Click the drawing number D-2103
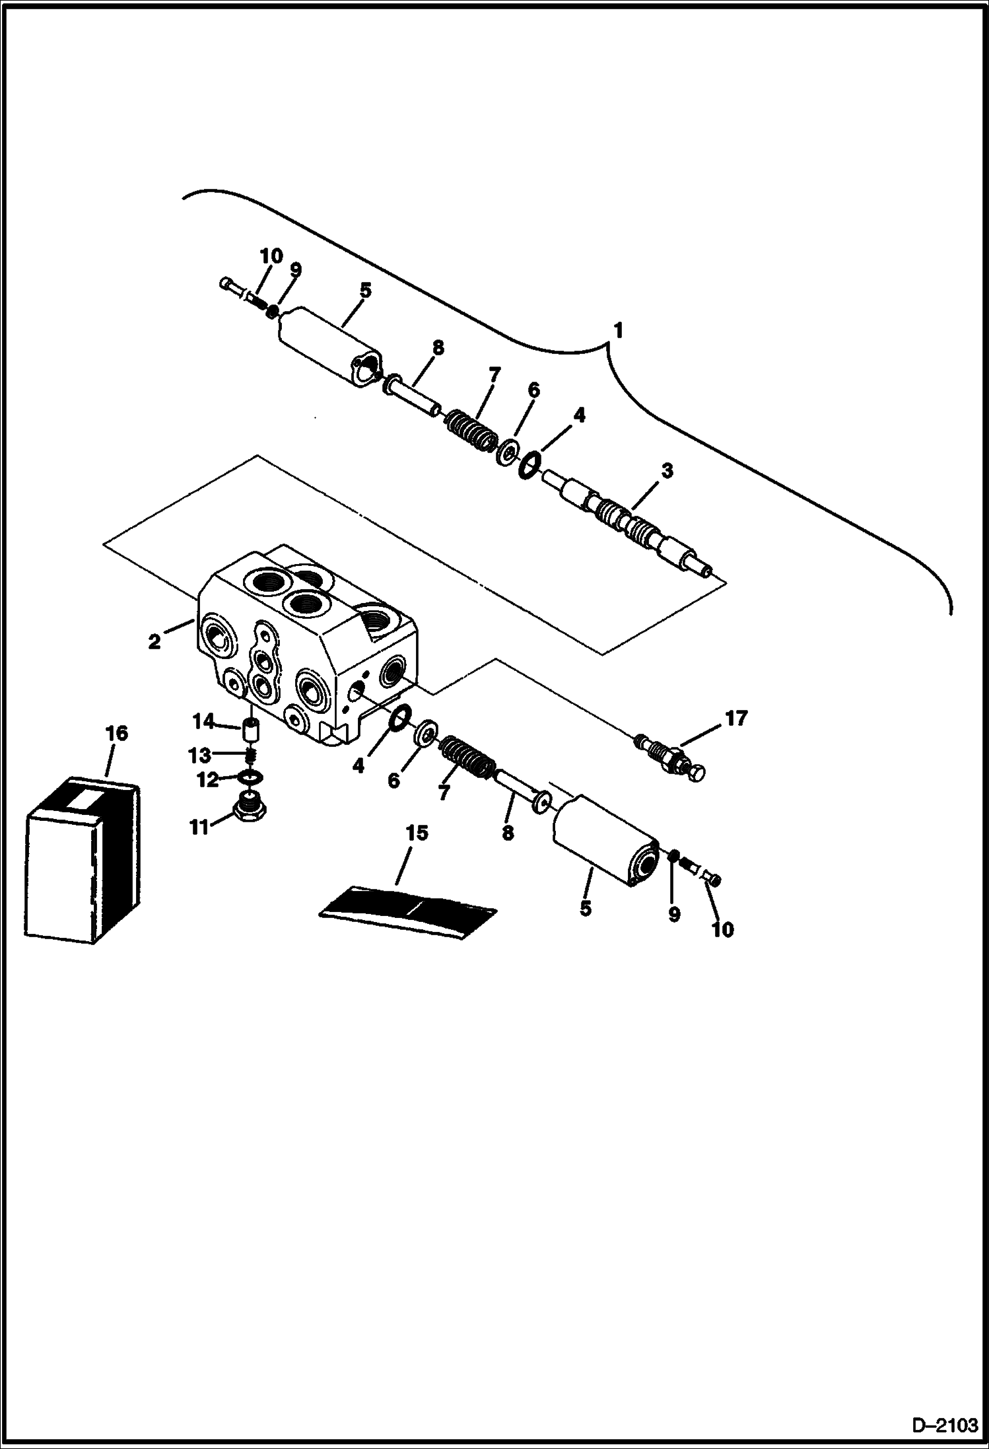[945, 1425]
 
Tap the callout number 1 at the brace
[618, 330]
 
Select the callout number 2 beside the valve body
[154, 641]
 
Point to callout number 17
[735, 718]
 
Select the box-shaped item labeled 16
[82, 859]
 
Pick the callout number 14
[203, 721]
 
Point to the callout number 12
[207, 780]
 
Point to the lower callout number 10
[723, 929]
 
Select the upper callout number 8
[438, 347]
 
